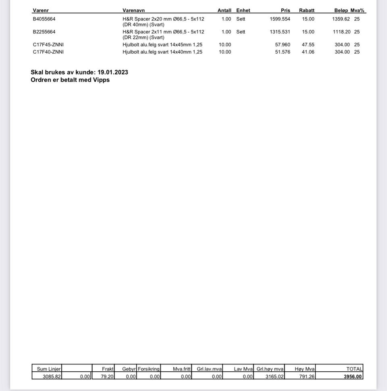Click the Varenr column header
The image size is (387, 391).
click(41, 10)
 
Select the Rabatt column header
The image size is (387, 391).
click(306, 10)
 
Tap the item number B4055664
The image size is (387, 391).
click(44, 19)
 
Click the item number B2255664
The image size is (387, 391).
click(44, 32)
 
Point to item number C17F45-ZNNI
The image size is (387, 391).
click(48, 45)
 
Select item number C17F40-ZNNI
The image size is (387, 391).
click(48, 52)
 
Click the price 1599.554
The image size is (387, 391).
click(280, 19)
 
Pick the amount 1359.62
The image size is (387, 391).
click(341, 19)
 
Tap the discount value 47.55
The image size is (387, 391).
click(308, 45)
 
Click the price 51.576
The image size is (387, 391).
click(282, 52)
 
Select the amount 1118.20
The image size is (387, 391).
click(341, 32)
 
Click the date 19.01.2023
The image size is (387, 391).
click(113, 72)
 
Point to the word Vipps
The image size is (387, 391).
click(101, 80)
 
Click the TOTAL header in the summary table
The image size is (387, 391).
click(354, 369)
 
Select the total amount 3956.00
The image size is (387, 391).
click(353, 376)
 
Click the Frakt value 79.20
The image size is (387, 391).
click(107, 376)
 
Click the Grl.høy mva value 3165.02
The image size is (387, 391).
click(275, 376)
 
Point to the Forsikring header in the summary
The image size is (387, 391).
click(149, 369)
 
